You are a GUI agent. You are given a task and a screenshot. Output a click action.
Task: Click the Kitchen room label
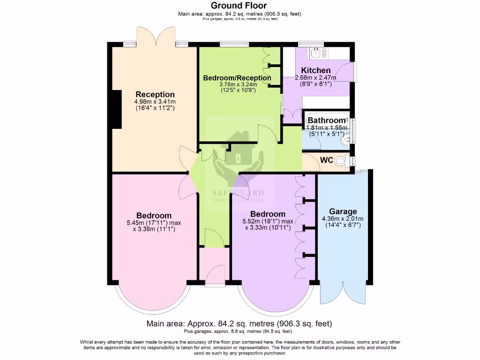point(312,70)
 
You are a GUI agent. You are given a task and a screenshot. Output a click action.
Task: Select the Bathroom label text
point(326,120)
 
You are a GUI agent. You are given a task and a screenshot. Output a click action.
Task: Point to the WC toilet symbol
point(342,161)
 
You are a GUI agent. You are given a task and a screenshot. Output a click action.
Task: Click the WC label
point(326,160)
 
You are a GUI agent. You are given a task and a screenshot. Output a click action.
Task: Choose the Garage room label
point(343,211)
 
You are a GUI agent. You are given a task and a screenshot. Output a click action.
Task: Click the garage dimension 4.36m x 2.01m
point(343,218)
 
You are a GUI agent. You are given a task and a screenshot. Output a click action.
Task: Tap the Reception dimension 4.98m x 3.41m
point(155,101)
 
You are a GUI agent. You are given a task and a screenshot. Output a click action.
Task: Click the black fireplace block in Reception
point(117,109)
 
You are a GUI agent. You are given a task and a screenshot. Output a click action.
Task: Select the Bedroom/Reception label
point(237,78)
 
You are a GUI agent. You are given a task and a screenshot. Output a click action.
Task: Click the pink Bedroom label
point(153,215)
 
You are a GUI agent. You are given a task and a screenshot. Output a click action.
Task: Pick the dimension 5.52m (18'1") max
point(268,221)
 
